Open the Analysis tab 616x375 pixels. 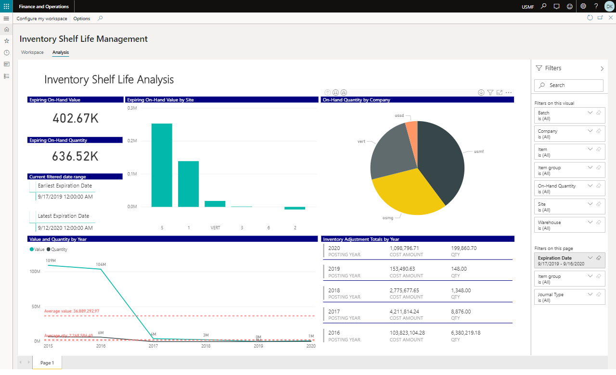[x=61, y=52]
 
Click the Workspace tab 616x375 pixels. [x=32, y=52]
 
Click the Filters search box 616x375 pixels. [x=569, y=85]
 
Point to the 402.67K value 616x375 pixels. [x=76, y=118]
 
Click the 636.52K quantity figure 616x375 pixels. [x=76, y=156]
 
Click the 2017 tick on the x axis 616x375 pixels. [x=153, y=346]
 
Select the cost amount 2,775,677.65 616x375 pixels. [x=404, y=290]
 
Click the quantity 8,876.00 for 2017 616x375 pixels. [x=461, y=312]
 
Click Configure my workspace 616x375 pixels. [x=42, y=19]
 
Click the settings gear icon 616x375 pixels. [x=583, y=6]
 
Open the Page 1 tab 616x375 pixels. [x=47, y=363]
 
